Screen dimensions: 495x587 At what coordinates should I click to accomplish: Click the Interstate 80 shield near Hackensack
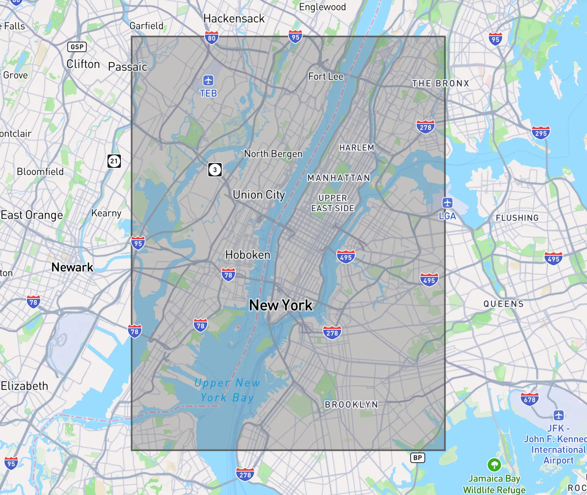211,38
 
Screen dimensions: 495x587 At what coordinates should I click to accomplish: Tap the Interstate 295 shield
541,133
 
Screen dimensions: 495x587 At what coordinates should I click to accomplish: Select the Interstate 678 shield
529,399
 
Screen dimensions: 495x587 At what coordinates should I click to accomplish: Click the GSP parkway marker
77,47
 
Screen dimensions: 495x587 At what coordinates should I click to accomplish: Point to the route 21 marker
114,161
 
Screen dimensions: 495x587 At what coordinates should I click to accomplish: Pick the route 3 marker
215,170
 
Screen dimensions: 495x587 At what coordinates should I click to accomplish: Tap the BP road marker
417,458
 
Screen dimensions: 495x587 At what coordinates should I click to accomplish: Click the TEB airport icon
208,80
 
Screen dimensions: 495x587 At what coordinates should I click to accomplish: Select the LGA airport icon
447,203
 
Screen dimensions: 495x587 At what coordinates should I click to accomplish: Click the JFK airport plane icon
558,415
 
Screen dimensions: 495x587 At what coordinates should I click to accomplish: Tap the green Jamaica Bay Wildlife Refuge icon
494,464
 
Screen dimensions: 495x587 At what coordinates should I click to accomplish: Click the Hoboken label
248,255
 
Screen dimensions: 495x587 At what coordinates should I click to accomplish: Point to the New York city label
281,305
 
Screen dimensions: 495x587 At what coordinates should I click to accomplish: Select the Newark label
72,267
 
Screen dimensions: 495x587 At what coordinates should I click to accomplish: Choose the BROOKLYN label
351,405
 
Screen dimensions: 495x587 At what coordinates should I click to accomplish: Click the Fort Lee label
325,76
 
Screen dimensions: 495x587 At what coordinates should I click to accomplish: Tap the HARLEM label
356,148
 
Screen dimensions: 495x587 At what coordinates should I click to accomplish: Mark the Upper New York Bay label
227,390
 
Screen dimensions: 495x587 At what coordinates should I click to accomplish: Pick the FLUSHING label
517,218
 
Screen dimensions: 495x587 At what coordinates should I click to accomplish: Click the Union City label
259,195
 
